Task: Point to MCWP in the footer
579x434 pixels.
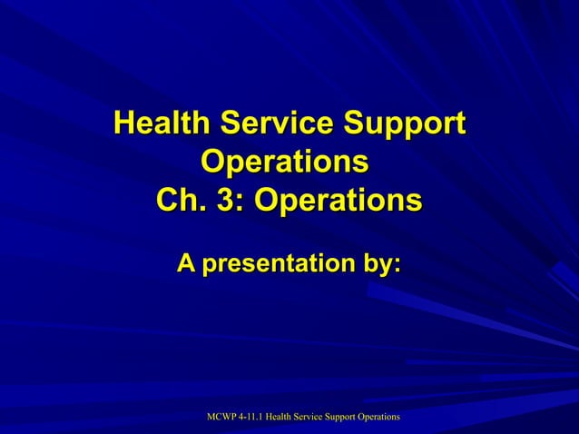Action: tap(221, 416)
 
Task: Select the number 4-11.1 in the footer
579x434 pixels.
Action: tap(256, 416)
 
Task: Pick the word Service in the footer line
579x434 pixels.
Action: tap(321, 416)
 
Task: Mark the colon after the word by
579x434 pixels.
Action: tap(396, 266)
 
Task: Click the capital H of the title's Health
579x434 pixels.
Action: tap(123, 124)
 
